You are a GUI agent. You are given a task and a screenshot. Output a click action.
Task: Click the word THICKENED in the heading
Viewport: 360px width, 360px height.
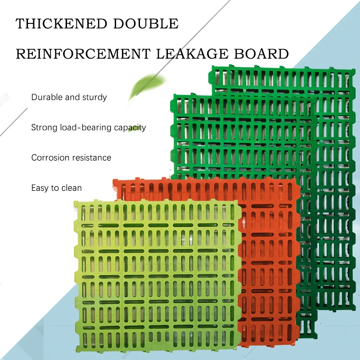pyautogui.click(x=61, y=23)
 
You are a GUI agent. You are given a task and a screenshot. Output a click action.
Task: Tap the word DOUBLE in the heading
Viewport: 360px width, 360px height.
pyautogui.click(x=146, y=23)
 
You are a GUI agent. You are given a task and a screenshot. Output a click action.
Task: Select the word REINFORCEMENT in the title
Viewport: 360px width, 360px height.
pyautogui.click(x=83, y=54)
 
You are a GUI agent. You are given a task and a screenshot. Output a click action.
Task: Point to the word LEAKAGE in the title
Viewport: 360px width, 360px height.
pyautogui.click(x=193, y=54)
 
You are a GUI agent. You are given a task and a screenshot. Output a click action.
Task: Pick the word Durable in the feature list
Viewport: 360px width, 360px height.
pyautogui.click(x=47, y=97)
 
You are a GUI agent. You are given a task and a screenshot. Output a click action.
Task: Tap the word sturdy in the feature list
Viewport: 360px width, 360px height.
pyautogui.click(x=94, y=97)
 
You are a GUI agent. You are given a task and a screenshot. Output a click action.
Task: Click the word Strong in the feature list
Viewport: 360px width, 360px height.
pyautogui.click(x=45, y=128)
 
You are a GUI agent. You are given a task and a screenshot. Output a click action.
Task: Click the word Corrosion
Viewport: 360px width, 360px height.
pyautogui.click(x=50, y=158)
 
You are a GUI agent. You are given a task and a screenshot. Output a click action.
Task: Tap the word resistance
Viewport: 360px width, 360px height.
pyautogui.click(x=92, y=158)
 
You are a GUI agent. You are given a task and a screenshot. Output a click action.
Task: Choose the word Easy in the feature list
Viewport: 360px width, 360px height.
pyautogui.click(x=40, y=188)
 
